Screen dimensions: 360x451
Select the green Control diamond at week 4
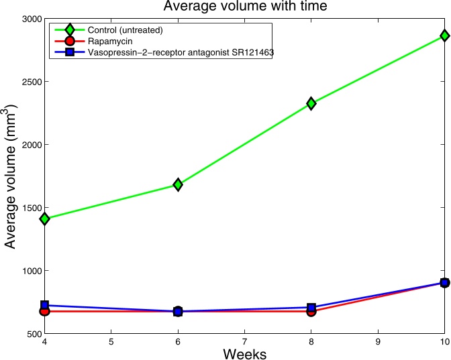point(44,219)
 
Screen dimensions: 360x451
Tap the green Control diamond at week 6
point(178,184)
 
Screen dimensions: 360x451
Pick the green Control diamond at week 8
point(311,103)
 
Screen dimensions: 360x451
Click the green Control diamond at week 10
point(444,36)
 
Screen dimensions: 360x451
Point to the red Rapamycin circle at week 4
point(44,311)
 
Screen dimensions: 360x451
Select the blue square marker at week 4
point(44,305)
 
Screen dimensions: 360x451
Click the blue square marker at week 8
point(311,307)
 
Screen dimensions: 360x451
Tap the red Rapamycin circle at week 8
point(311,311)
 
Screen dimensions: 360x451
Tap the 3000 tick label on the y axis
point(29,18)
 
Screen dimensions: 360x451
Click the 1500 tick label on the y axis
point(29,208)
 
